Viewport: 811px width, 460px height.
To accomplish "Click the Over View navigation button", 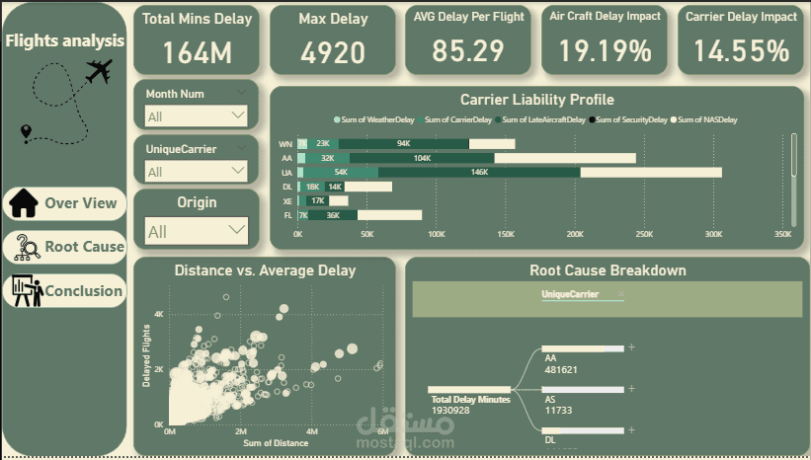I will [x=65, y=203].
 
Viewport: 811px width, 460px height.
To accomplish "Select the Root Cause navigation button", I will [x=65, y=247].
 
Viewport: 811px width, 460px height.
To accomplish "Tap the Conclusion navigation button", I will [x=65, y=291].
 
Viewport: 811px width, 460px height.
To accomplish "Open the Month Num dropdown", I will [x=196, y=116].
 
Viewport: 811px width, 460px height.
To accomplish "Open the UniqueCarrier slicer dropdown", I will [x=196, y=172].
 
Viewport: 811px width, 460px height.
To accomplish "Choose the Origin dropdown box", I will [x=196, y=232].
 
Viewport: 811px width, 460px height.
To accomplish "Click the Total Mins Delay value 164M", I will [x=197, y=52].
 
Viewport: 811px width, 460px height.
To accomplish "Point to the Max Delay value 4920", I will [x=333, y=52].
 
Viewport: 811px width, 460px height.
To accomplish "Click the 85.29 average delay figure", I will [x=468, y=50].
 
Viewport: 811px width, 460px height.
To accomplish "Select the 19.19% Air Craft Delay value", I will [x=605, y=50].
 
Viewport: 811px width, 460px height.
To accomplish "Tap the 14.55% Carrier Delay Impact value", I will [x=741, y=50].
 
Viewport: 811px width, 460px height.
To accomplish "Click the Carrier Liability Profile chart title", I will [x=536, y=100].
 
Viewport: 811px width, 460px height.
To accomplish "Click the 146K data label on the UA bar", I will [x=480, y=172].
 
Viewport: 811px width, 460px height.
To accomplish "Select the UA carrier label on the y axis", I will [x=286, y=172].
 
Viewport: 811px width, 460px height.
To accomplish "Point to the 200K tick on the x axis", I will [x=575, y=235].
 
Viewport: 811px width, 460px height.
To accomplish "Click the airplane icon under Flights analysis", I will [x=98, y=71].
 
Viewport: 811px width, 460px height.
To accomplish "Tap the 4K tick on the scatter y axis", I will [x=158, y=314].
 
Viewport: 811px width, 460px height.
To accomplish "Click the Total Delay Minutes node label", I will [x=470, y=399].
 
